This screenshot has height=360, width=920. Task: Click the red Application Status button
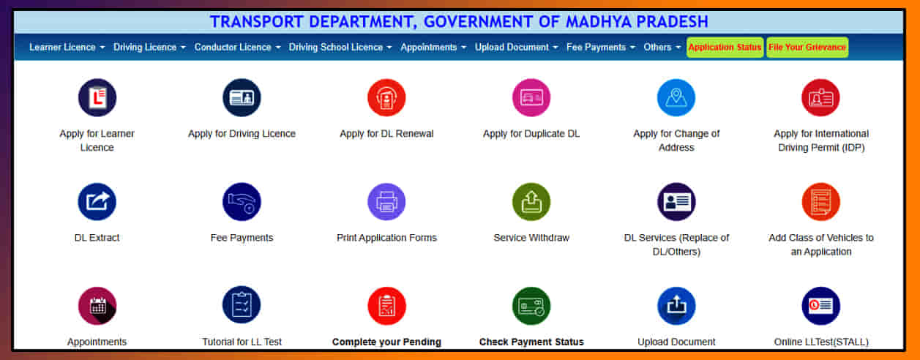[725, 48]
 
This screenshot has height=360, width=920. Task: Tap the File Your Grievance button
[807, 48]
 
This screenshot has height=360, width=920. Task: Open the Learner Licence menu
[67, 48]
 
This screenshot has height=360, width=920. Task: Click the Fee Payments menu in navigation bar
[600, 48]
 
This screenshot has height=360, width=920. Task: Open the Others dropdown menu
[662, 48]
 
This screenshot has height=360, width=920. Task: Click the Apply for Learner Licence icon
[97, 98]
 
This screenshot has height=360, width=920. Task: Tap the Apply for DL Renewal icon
[386, 98]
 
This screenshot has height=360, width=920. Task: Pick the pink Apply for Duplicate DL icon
[531, 98]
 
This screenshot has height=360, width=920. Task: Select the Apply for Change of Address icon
[676, 98]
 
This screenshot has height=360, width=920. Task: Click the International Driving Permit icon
[820, 98]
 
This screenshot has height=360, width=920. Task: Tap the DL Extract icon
[97, 202]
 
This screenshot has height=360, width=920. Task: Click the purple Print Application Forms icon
[386, 202]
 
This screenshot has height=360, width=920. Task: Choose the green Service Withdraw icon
[531, 202]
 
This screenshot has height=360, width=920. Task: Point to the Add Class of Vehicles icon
[820, 202]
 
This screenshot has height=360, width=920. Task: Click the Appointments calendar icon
[97, 306]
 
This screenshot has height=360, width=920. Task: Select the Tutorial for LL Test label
[242, 342]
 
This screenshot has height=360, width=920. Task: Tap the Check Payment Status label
[531, 342]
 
